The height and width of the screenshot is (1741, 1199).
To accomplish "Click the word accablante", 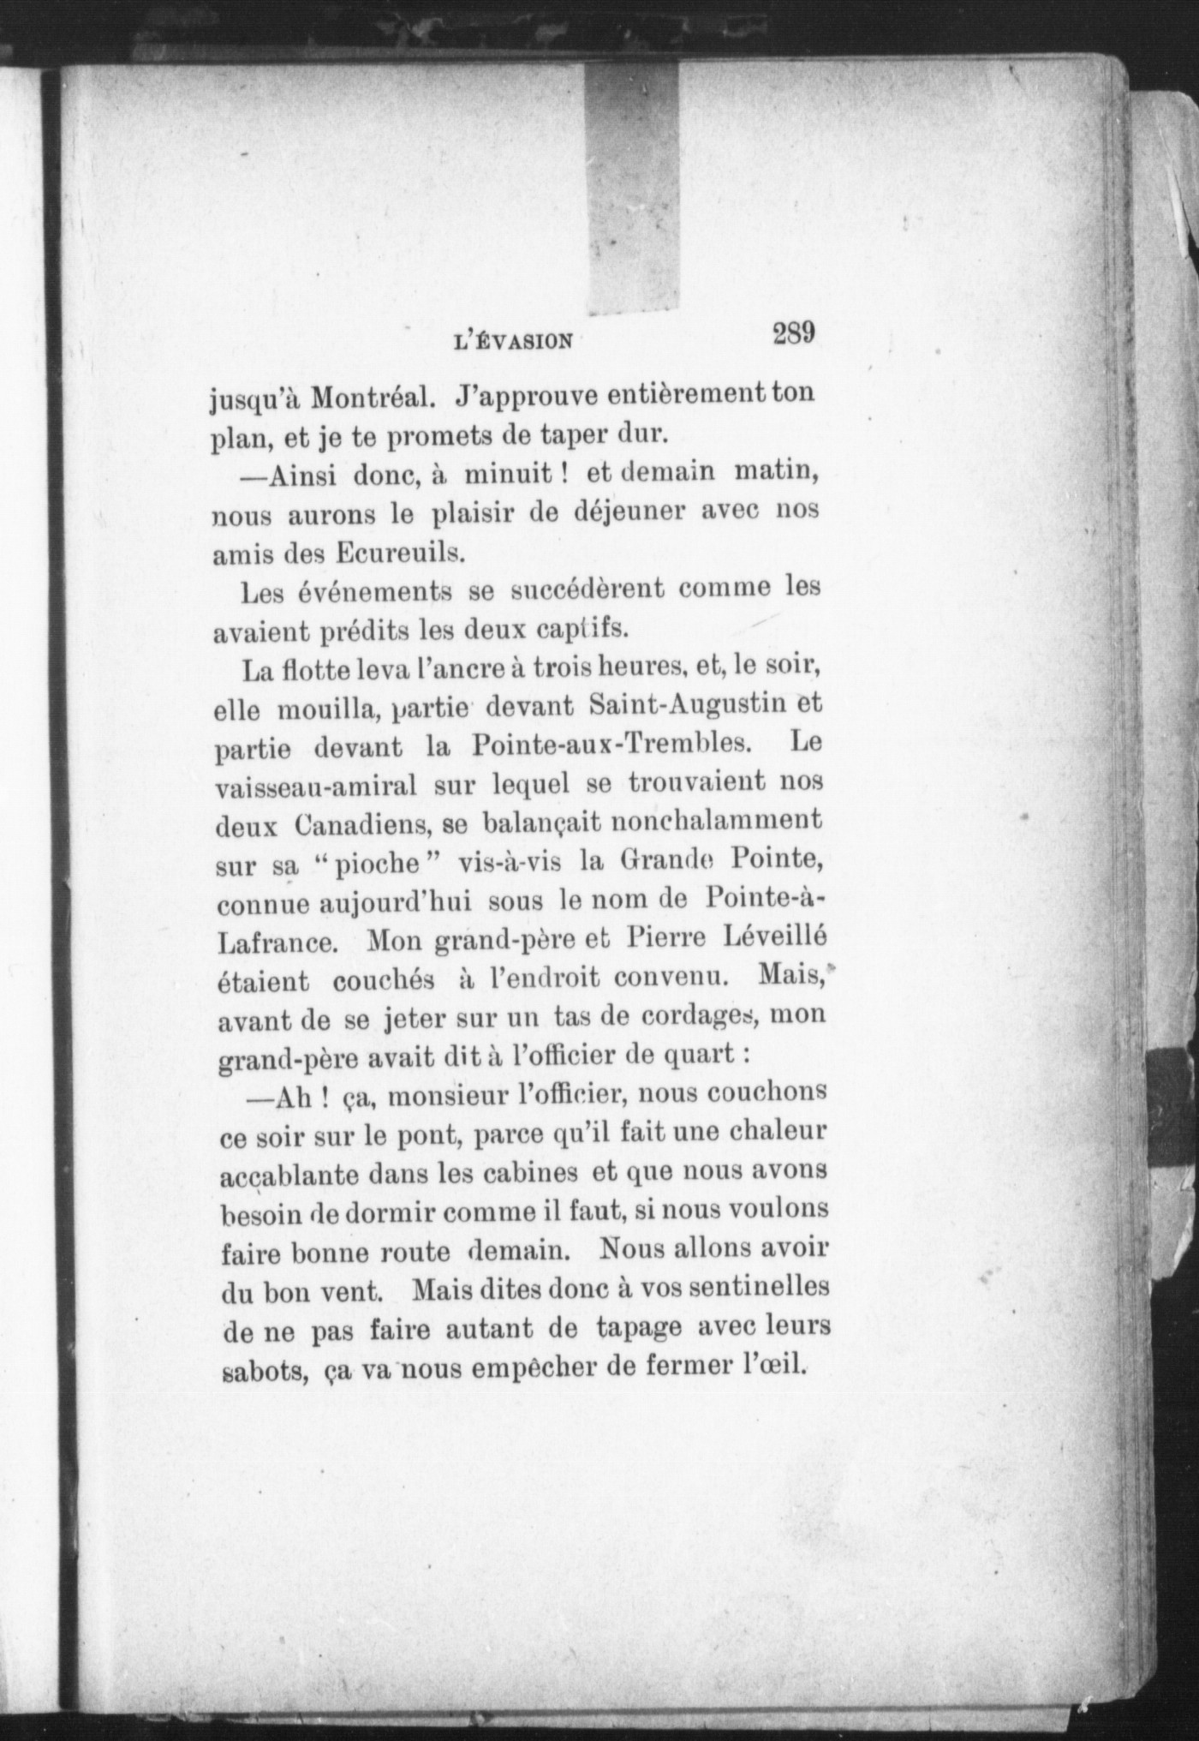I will tap(289, 1174).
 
